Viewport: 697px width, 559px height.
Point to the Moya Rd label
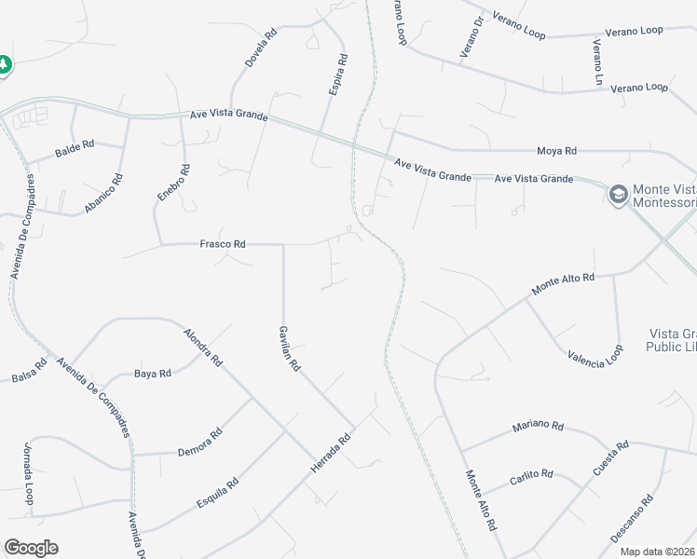tap(556, 150)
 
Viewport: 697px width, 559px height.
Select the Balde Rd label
tap(75, 146)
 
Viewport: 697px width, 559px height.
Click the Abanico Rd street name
tap(103, 194)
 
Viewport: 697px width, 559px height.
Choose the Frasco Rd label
tap(223, 244)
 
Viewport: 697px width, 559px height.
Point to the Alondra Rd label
tap(203, 347)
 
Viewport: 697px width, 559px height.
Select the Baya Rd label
tap(153, 374)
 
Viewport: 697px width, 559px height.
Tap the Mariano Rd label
tap(538, 427)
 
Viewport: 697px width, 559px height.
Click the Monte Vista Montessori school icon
tap(616, 195)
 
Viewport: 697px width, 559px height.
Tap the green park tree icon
tap(5, 64)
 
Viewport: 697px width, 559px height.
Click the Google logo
tap(31, 548)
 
